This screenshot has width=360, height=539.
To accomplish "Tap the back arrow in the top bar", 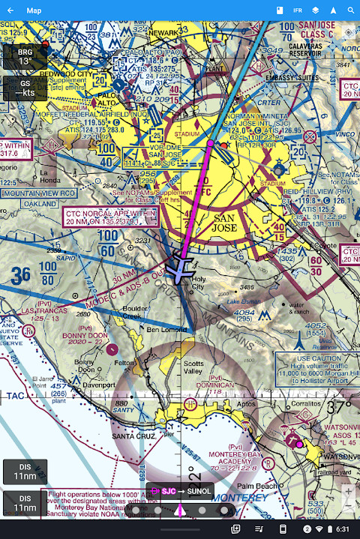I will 11,10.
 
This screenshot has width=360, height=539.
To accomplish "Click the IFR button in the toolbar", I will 298,10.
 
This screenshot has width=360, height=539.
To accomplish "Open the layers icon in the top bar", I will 316,10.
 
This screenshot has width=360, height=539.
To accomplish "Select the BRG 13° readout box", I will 25,57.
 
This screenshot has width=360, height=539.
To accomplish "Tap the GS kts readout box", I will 25,88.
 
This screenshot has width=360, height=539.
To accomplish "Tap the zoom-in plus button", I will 347,492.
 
